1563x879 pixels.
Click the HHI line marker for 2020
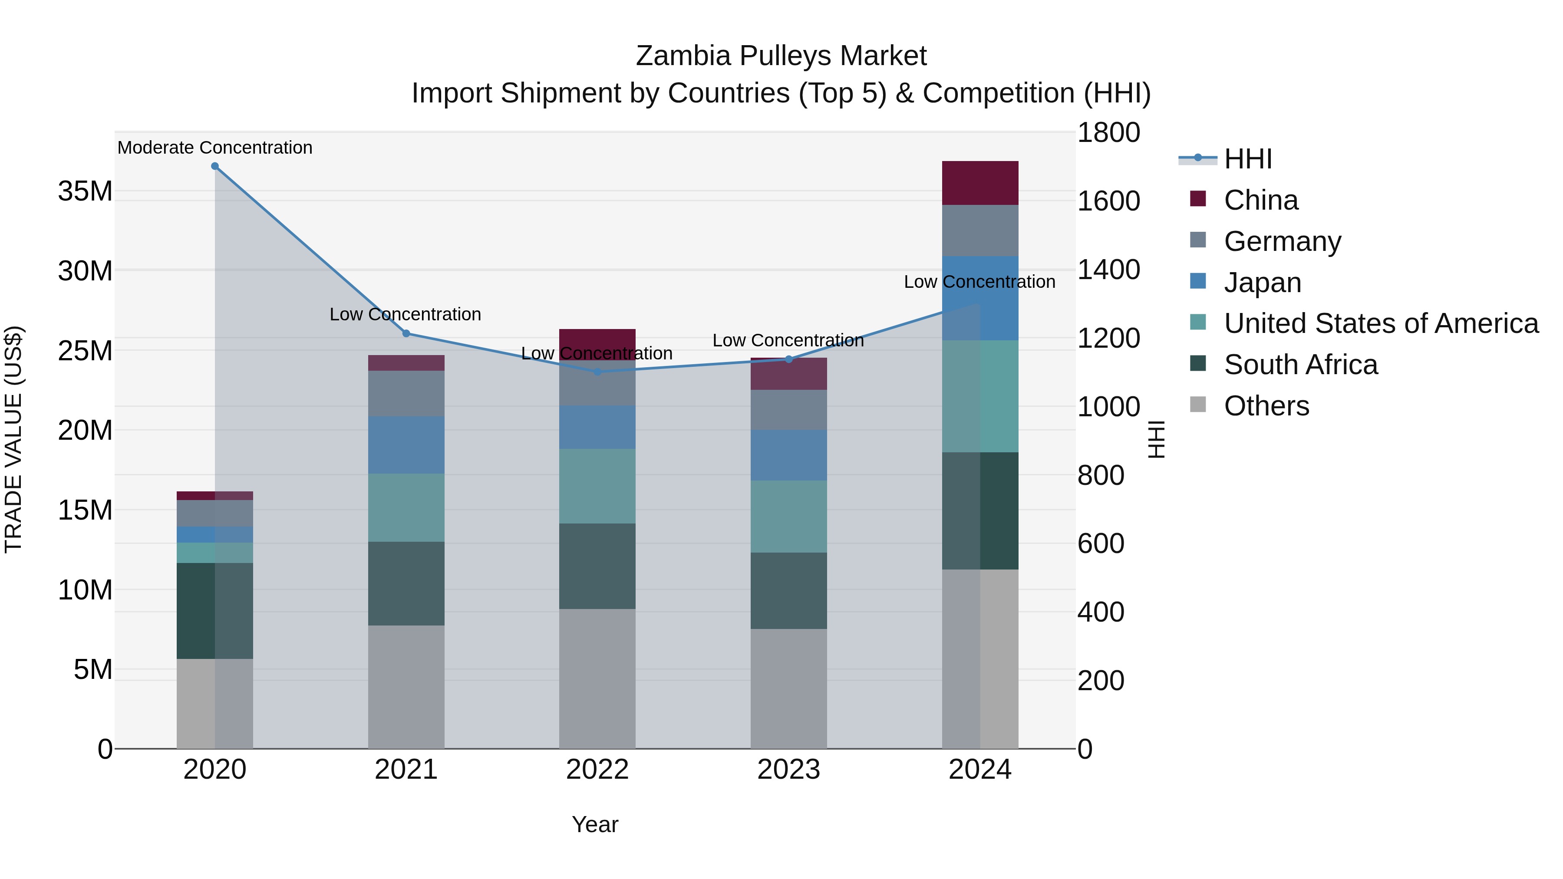coord(215,166)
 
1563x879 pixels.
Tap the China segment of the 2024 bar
coord(980,183)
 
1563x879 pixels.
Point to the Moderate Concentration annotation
coord(215,148)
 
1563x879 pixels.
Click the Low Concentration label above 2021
coord(406,314)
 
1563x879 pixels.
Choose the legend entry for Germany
coord(1282,241)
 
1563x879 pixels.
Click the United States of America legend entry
coord(1380,323)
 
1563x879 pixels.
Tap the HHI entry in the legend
coord(1247,159)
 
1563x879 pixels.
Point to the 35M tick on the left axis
coord(85,191)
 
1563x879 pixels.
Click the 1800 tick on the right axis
coord(1108,133)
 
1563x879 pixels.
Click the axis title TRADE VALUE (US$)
coord(13,439)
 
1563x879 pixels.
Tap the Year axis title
coord(595,824)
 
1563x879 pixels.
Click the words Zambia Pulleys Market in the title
coord(781,56)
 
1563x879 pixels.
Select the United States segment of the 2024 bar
coord(980,396)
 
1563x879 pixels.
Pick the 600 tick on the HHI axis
coord(1100,543)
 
